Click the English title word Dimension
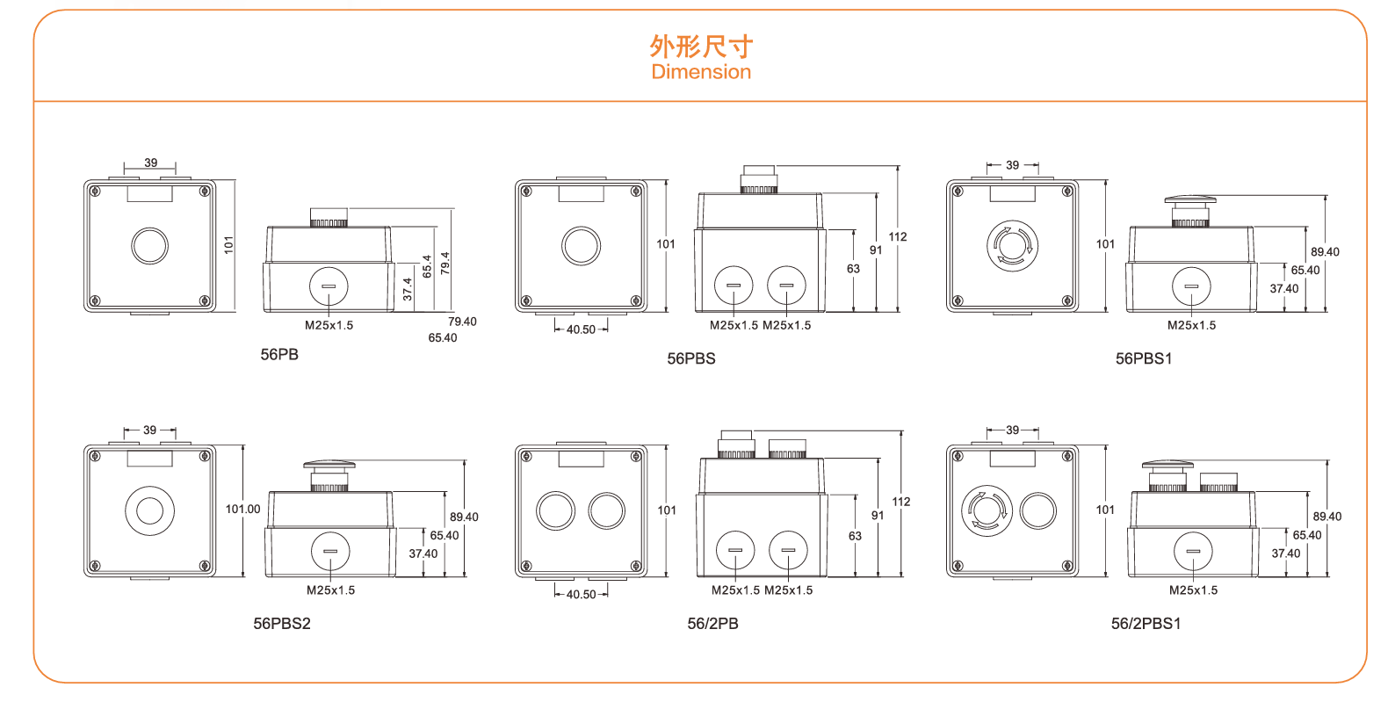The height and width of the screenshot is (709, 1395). [x=701, y=72]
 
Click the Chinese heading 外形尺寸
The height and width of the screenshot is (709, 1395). [x=701, y=46]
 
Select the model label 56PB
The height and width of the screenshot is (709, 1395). [x=279, y=354]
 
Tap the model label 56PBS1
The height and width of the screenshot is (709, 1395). [x=1144, y=358]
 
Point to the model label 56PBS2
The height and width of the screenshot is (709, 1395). [x=282, y=624]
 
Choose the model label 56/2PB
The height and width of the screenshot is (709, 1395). [x=712, y=624]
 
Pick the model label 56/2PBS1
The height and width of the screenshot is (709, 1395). [x=1146, y=624]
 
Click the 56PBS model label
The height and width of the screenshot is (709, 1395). [x=691, y=358]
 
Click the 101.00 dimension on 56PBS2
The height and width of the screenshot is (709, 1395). [x=243, y=509]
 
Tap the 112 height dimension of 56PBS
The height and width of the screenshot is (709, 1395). [x=898, y=236]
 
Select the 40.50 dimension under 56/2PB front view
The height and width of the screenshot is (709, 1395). [x=581, y=595]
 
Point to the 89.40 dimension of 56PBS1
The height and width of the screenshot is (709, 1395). [x=1325, y=252]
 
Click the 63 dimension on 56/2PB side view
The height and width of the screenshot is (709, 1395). [x=855, y=536]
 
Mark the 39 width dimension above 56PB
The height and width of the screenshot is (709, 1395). [x=151, y=163]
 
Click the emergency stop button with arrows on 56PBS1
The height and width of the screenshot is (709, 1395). [x=1012, y=245]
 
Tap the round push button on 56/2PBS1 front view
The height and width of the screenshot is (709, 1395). [x=1038, y=510]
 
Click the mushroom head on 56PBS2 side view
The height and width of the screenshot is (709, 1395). [x=329, y=465]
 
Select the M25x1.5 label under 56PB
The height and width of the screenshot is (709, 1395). [x=329, y=325]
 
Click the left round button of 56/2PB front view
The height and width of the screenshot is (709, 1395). [x=555, y=510]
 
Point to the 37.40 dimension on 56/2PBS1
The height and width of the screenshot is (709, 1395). [x=1286, y=553]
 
